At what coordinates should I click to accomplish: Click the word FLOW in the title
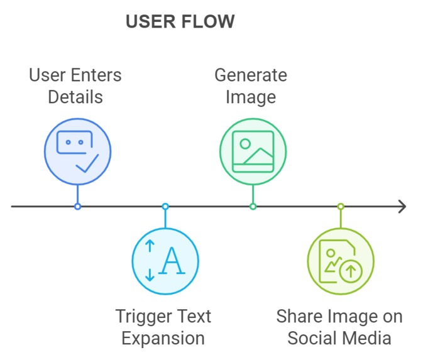pos(207,21)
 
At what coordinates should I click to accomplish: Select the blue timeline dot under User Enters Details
pos(78,207)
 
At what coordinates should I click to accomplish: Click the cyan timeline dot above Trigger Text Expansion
pos(165,207)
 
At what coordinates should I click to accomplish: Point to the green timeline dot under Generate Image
pos(253,207)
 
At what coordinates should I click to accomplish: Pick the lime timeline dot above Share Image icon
pos(341,207)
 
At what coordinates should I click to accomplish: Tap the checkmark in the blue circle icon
pos(87,163)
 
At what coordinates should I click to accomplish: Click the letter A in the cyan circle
pos(172,261)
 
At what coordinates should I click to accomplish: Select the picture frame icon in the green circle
pos(253,151)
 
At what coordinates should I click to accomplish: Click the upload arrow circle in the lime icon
pos(351,271)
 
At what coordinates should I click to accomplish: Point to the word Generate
pos(251,75)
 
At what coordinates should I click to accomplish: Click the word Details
pos(75,97)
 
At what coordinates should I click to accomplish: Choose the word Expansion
pos(163,339)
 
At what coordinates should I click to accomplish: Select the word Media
pos(364,338)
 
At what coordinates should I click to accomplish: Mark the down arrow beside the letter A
pos(150,275)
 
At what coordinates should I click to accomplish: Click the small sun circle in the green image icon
pos(245,144)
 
